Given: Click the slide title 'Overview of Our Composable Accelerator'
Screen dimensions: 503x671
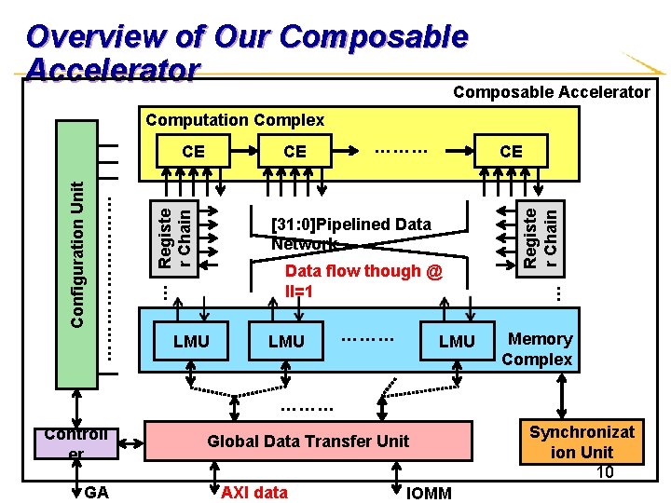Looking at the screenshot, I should point(247,52).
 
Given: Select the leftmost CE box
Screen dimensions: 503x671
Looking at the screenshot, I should point(193,151).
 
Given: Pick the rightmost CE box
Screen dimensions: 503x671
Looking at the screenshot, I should point(511,151).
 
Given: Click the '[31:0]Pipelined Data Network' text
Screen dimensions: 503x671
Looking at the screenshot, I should point(350,234).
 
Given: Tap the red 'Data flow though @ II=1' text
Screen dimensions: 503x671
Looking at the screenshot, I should point(364,280).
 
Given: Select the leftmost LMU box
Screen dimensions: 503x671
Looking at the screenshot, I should point(191,341).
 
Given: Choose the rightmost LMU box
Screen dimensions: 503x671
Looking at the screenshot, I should point(457,341).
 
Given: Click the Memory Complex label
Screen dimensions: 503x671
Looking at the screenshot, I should point(538,349).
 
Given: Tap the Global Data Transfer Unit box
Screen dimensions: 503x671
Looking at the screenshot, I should point(308,442).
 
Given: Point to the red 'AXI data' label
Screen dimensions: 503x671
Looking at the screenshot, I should point(253,492).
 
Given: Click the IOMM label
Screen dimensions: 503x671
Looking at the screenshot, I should point(430,493).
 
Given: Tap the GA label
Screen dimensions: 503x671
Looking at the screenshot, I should point(96,492).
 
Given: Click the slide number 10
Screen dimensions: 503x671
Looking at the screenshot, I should point(605,472).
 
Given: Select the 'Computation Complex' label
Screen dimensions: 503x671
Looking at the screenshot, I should point(235,120).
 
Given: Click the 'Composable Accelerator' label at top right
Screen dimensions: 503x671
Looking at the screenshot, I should point(551,91).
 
